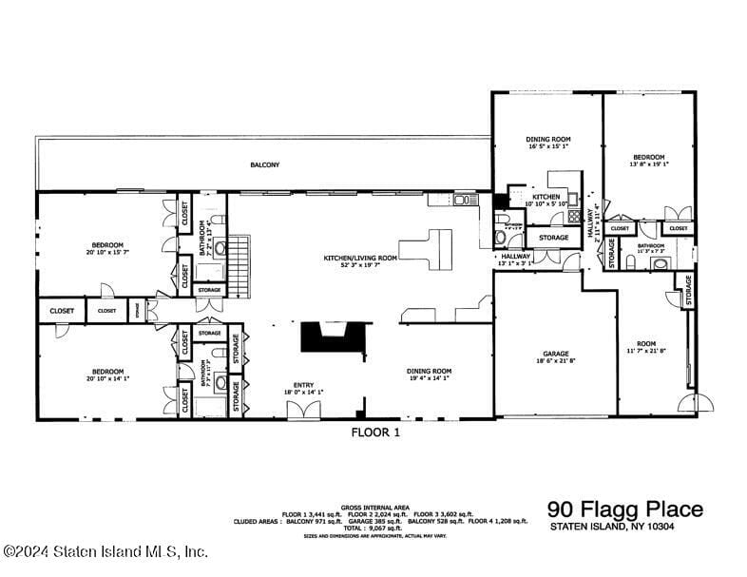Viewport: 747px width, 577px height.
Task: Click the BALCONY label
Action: pos(265,165)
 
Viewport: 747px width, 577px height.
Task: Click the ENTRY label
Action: pos(303,385)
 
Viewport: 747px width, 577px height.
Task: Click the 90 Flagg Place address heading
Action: pos(625,510)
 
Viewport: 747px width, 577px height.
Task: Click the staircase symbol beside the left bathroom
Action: pos(243,255)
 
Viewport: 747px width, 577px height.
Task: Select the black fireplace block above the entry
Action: pos(334,337)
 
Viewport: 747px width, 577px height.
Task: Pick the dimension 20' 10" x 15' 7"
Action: pos(107,252)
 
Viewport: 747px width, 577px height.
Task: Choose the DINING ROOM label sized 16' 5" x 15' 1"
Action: pos(546,140)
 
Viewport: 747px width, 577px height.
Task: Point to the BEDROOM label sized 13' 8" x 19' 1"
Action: pos(650,157)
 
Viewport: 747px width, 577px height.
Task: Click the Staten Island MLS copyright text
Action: pos(105,551)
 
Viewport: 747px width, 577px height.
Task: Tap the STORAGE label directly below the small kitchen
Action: pos(554,237)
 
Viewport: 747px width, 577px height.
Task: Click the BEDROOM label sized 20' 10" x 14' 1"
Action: pos(107,372)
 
